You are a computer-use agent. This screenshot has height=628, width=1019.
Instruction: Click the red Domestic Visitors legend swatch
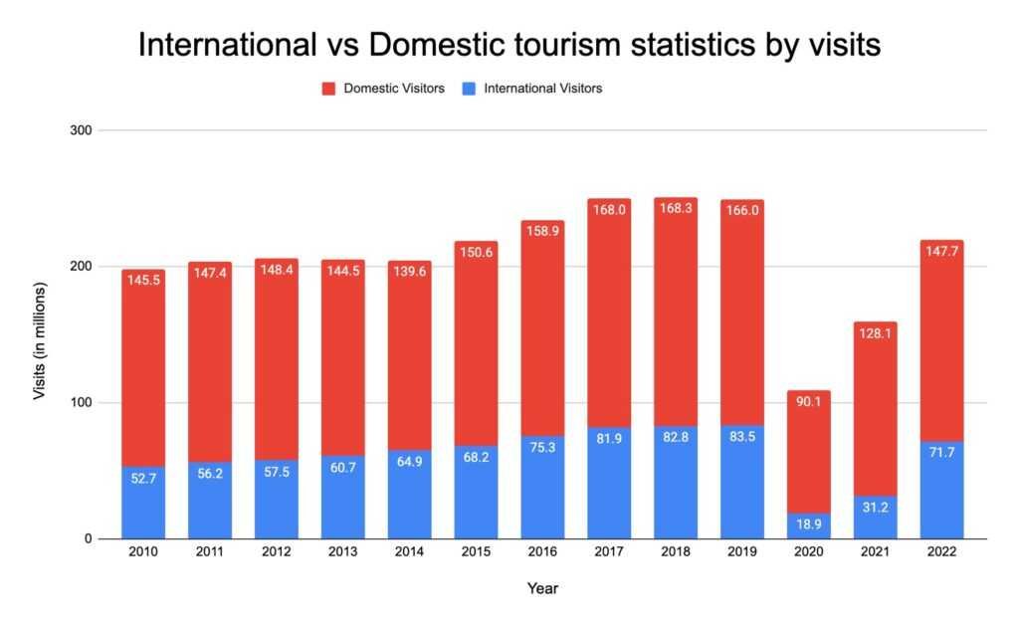[x=327, y=89]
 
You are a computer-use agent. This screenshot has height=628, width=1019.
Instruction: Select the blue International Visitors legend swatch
[x=468, y=89]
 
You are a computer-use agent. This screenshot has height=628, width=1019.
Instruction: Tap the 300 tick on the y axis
[x=80, y=130]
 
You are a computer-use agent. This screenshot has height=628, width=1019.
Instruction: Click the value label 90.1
[x=808, y=403]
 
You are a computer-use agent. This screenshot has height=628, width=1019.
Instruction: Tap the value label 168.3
[x=676, y=210]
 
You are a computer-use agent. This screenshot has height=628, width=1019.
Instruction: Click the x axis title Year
[x=542, y=589]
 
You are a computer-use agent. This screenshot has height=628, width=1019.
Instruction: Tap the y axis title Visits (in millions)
[x=40, y=334]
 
